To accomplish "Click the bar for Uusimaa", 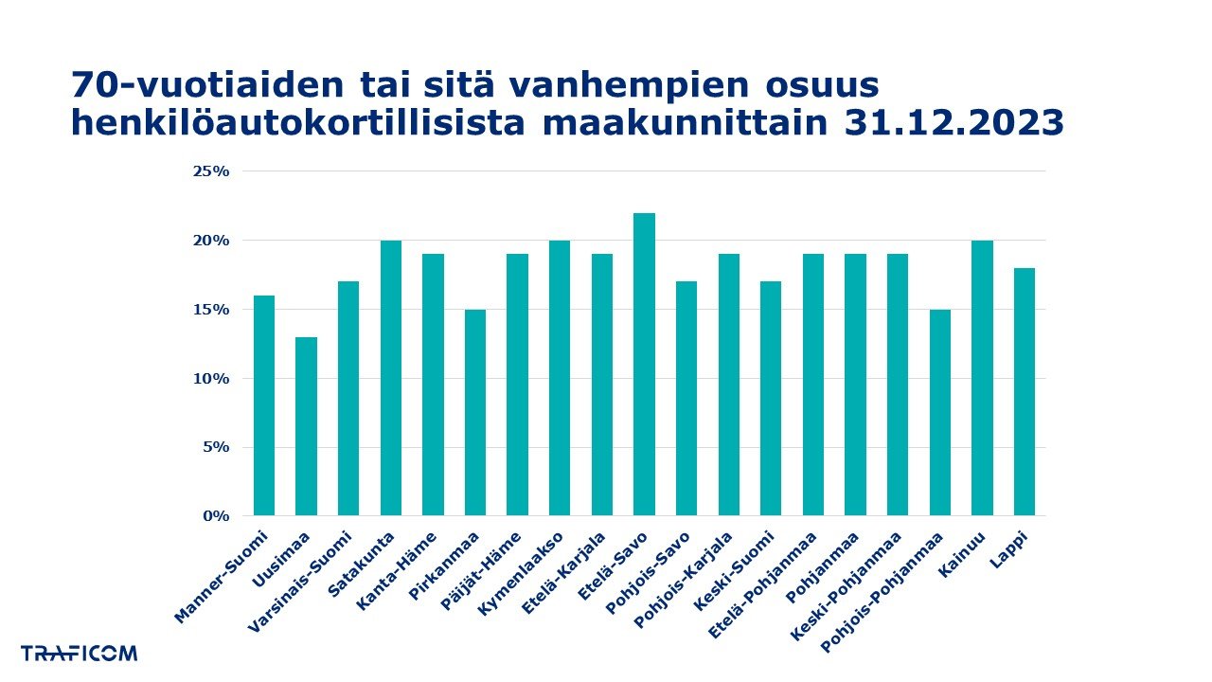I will pyautogui.click(x=306, y=426).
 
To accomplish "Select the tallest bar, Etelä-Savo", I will pyautogui.click(x=644, y=365).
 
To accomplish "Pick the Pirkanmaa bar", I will pyautogui.click(x=474, y=412).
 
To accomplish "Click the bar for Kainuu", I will pyautogui.click(x=982, y=378).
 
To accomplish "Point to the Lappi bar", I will pyautogui.click(x=1025, y=392).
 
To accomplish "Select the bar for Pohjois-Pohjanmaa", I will pyautogui.click(x=939, y=412).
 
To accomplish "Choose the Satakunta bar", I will pyautogui.click(x=390, y=378).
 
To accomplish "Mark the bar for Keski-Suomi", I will pyautogui.click(x=771, y=399).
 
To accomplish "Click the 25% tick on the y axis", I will pyautogui.click(x=211, y=171).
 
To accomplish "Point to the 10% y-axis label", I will pyautogui.click(x=211, y=379).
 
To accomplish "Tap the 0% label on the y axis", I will pyautogui.click(x=217, y=516).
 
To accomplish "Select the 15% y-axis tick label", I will pyautogui.click(x=211, y=310).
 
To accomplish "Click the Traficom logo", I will pyautogui.click(x=79, y=653).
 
